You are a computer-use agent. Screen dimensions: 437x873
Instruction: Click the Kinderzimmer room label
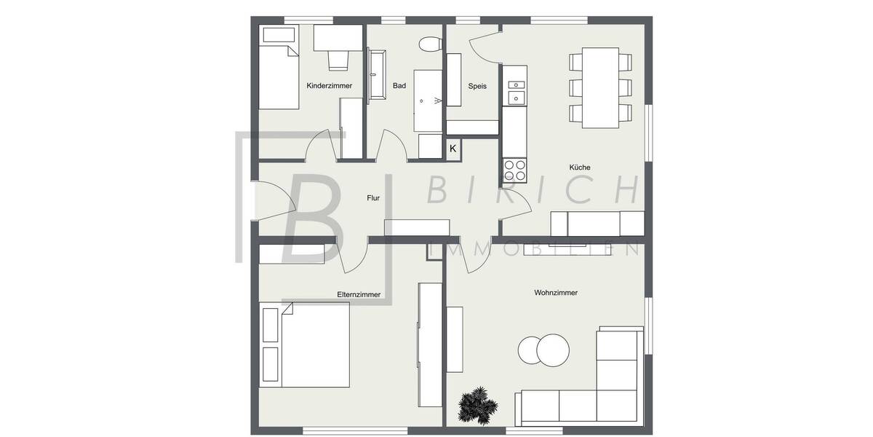pyautogui.click(x=330, y=86)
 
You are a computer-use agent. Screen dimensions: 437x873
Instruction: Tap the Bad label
pyautogui.click(x=399, y=86)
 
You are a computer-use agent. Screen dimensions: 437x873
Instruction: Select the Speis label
pyautogui.click(x=477, y=86)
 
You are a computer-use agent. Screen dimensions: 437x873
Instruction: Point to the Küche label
pyautogui.click(x=580, y=168)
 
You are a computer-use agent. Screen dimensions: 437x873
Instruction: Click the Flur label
pyautogui.click(x=373, y=197)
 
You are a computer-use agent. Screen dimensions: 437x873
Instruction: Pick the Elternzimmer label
pyautogui.click(x=359, y=294)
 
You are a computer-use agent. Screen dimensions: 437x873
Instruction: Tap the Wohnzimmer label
pyautogui.click(x=556, y=293)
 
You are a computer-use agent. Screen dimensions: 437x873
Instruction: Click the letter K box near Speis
pyautogui.click(x=453, y=149)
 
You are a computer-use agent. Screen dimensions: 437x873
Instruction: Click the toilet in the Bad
pyautogui.click(x=430, y=44)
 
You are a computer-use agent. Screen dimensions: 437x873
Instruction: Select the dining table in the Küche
pyautogui.click(x=600, y=87)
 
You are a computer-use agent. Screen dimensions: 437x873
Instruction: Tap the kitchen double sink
pyautogui.click(x=516, y=86)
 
